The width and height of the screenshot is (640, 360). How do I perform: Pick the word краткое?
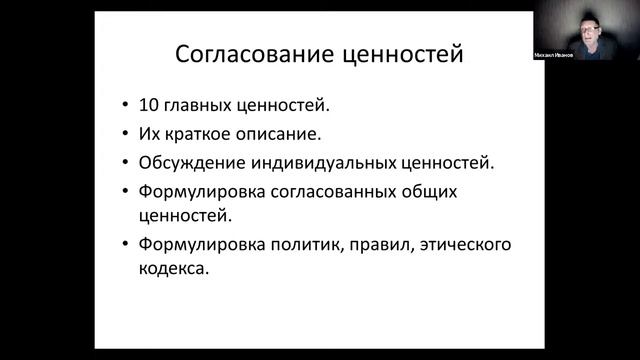pyautogui.click(x=203, y=132)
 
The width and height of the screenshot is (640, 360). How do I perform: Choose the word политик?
pyautogui.click(x=303, y=245)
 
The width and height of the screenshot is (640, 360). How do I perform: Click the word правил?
pyautogui.click(x=372, y=245)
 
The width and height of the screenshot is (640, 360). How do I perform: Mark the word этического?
pyautogui.click(x=451, y=245)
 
